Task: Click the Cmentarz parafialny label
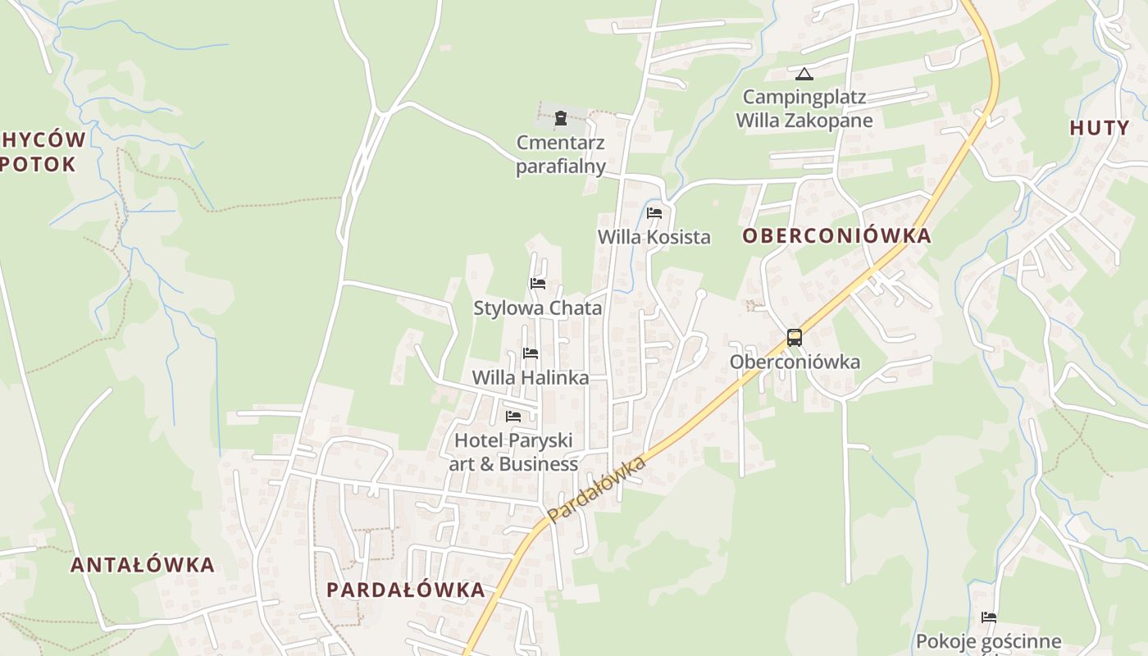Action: [561, 155]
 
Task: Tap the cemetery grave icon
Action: [561, 118]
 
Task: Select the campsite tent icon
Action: [804, 74]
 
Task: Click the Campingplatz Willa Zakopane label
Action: [804, 108]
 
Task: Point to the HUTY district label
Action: [1100, 128]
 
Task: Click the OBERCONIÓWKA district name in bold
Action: [836, 236]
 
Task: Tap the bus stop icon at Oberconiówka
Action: [794, 337]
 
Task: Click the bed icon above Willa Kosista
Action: [654, 213]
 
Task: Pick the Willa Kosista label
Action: [654, 237]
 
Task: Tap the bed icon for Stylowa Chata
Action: [538, 284]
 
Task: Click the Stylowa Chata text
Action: [538, 308]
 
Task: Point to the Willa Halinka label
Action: [531, 378]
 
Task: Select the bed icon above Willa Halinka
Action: [531, 353]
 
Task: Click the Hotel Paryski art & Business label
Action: [513, 452]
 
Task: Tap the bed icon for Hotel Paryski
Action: [513, 416]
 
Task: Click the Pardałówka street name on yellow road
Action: [596, 490]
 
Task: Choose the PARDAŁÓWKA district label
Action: [406, 590]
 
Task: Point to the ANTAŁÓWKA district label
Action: [143, 565]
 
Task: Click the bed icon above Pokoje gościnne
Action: [989, 617]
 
